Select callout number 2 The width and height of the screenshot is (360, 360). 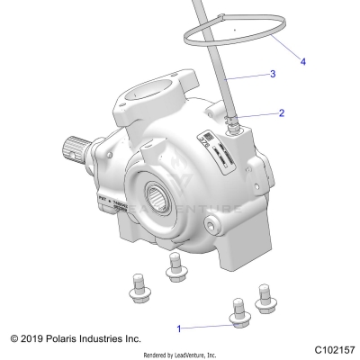282,113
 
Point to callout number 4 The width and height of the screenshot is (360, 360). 302,62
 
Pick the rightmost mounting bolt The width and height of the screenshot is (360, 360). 265,298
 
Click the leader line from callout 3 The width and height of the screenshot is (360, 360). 245,78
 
